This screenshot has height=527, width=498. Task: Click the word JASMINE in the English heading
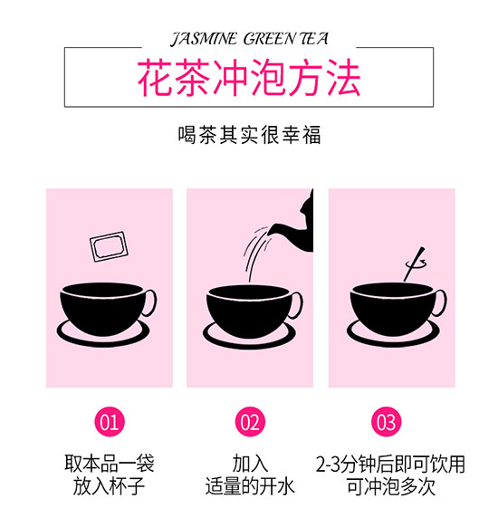coord(205,39)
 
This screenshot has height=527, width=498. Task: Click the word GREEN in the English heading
coord(269,39)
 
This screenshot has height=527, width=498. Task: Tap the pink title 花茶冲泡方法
coord(249,78)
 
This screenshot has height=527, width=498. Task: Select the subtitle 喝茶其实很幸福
coord(249,135)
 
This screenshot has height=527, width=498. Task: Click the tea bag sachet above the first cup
coord(109,246)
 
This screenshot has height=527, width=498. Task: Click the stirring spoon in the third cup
coord(414,264)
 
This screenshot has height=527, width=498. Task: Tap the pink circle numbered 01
coord(110,422)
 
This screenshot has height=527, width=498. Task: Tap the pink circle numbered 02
coord(250,422)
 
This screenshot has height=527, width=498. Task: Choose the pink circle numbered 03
coord(386,422)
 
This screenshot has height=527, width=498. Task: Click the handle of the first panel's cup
coord(151,302)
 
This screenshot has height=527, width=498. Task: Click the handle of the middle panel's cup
coord(297,305)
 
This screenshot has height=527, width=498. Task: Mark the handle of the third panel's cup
coord(441,302)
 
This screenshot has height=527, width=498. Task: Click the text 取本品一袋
coord(110,464)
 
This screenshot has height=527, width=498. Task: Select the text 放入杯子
coord(110,486)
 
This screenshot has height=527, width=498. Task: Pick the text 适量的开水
coord(250,486)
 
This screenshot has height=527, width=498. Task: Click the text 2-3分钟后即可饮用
coord(390,464)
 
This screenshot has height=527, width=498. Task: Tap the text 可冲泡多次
coord(390,486)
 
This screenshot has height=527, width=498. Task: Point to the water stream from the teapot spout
coord(254,252)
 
